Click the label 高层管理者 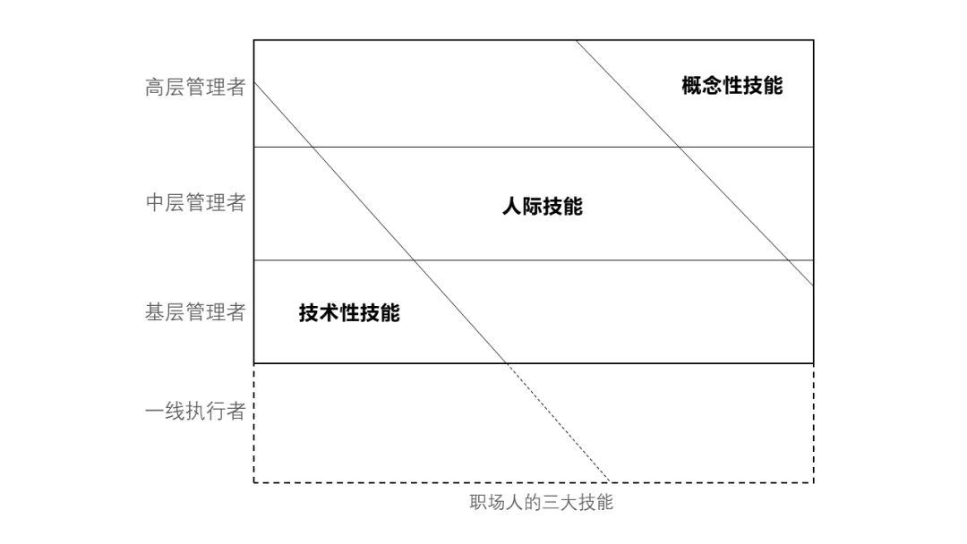pyautogui.click(x=195, y=88)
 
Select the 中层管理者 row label pyautogui.click(x=195, y=203)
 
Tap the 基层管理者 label pyautogui.click(x=195, y=312)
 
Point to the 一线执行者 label pyautogui.click(x=195, y=412)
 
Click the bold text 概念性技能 pyautogui.click(x=732, y=86)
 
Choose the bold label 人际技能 pyautogui.click(x=542, y=207)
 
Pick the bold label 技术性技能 pyautogui.click(x=349, y=313)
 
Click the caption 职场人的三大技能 pyautogui.click(x=541, y=502)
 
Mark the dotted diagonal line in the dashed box pyautogui.click(x=558, y=422)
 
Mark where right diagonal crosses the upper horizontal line pyautogui.click(x=680, y=147)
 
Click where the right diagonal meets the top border pyautogui.click(x=576, y=40)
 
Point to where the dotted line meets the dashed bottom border pyautogui.click(x=610, y=482)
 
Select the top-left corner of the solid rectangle pyautogui.click(x=254, y=40)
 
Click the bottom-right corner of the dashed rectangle pyautogui.click(x=813, y=482)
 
